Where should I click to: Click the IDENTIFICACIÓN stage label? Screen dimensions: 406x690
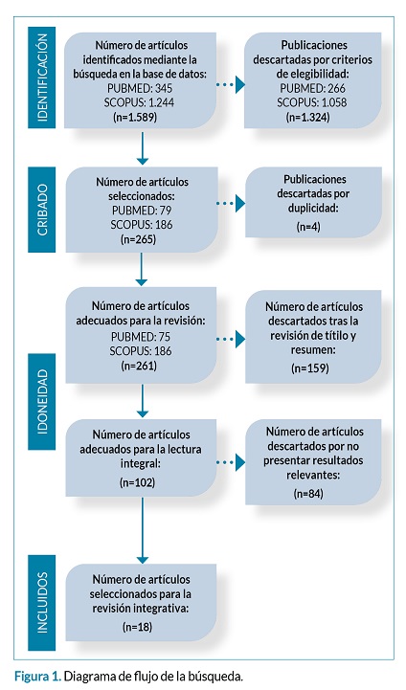[x=42, y=78]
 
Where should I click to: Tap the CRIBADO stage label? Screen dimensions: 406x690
[x=42, y=210]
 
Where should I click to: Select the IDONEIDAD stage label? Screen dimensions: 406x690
[x=42, y=401]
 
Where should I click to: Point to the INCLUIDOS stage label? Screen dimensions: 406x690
[x=42, y=602]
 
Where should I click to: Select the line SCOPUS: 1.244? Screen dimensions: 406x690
[x=139, y=102]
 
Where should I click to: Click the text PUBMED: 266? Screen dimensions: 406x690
[x=313, y=88]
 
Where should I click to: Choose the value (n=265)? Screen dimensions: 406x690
[x=138, y=239]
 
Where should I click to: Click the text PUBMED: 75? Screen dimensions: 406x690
[x=141, y=337]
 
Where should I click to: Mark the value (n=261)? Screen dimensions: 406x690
[x=139, y=366]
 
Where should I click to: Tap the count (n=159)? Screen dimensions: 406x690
[x=310, y=367]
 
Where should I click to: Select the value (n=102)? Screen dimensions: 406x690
[x=137, y=482]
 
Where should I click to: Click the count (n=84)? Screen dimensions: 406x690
[x=308, y=493]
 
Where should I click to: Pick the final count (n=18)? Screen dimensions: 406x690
[x=137, y=627]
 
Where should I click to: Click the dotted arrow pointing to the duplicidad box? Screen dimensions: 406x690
[x=231, y=204]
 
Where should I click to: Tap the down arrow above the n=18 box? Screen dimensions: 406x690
[x=143, y=531]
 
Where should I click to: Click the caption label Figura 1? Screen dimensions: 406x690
[x=37, y=676]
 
